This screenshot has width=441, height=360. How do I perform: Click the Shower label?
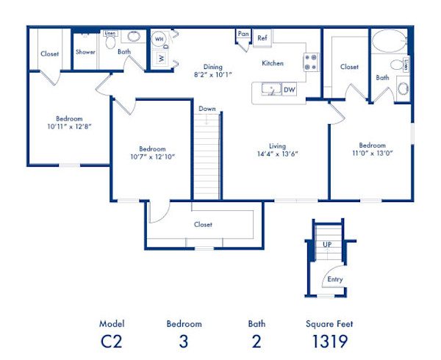click(86, 52)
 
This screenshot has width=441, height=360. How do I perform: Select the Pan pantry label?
click(243, 34)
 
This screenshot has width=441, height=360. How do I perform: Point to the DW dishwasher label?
click(290, 90)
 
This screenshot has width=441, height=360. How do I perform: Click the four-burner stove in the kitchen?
click(311, 61)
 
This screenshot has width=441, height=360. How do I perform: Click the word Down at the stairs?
click(207, 109)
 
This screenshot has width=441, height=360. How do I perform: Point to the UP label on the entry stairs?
click(327, 244)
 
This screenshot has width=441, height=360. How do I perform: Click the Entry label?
click(335, 279)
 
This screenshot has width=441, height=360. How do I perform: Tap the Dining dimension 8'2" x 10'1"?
click(213, 75)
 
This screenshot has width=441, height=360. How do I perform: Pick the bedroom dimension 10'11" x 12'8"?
click(68, 126)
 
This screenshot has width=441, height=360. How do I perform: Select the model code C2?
click(112, 340)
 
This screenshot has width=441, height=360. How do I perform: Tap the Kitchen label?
click(273, 64)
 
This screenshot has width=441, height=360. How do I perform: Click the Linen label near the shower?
click(110, 34)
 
